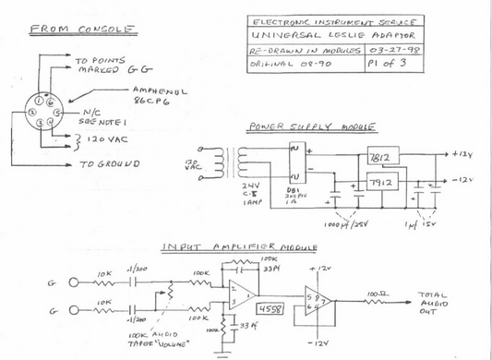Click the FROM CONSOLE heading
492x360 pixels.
click(x=84, y=29)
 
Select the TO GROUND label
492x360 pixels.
click(x=111, y=163)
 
